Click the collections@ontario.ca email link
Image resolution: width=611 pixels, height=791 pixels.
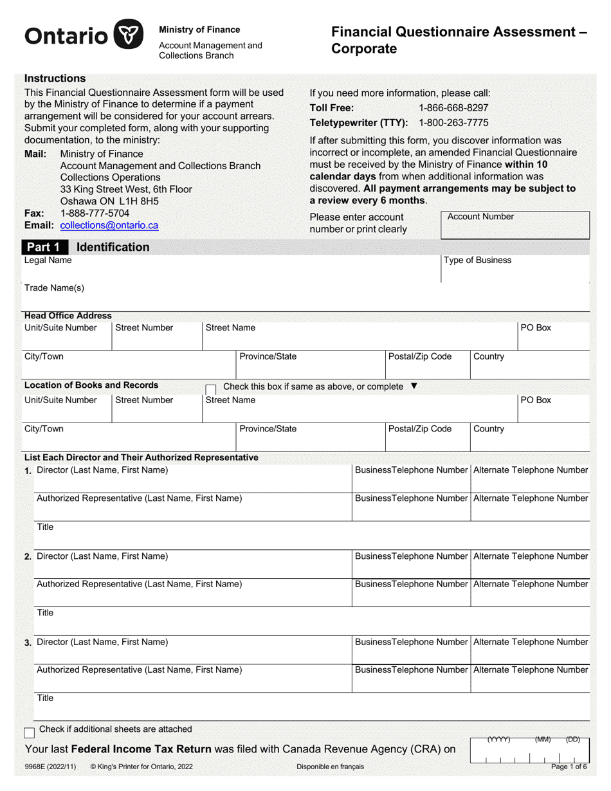pos(109,226)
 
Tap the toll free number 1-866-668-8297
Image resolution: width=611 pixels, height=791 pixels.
pos(453,108)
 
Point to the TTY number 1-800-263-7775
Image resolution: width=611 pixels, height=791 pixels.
pos(453,123)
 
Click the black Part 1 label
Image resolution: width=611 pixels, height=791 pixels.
pos(44,248)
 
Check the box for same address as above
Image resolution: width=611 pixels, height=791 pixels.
pos(210,388)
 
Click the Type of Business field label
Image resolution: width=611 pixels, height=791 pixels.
pos(477,260)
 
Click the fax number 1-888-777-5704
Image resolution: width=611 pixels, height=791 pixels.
pos(95,213)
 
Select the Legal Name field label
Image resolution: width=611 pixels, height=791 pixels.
pos(48,260)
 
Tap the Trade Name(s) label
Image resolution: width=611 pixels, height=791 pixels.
pos(54,288)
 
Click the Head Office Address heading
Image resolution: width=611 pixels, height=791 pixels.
pos(68,316)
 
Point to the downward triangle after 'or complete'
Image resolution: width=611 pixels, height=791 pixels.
pos(414,386)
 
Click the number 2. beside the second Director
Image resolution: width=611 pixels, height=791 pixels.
pos(28,557)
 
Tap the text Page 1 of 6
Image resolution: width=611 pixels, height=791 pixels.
pos(569,767)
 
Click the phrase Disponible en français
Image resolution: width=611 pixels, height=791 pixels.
pos(330,767)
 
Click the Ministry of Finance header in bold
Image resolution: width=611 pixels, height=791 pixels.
pos(199,30)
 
